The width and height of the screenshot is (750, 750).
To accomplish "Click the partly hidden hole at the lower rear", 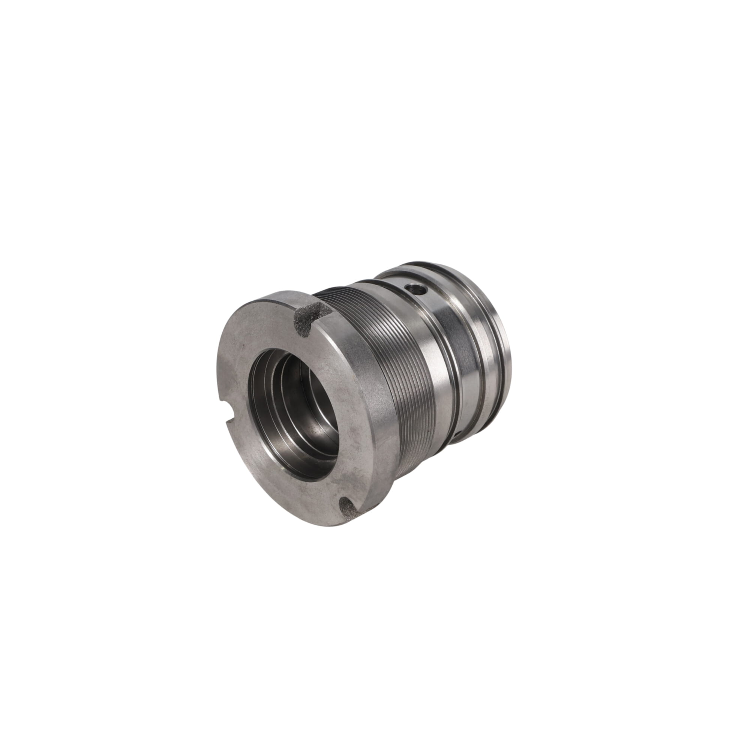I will pyautogui.click(x=458, y=433).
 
